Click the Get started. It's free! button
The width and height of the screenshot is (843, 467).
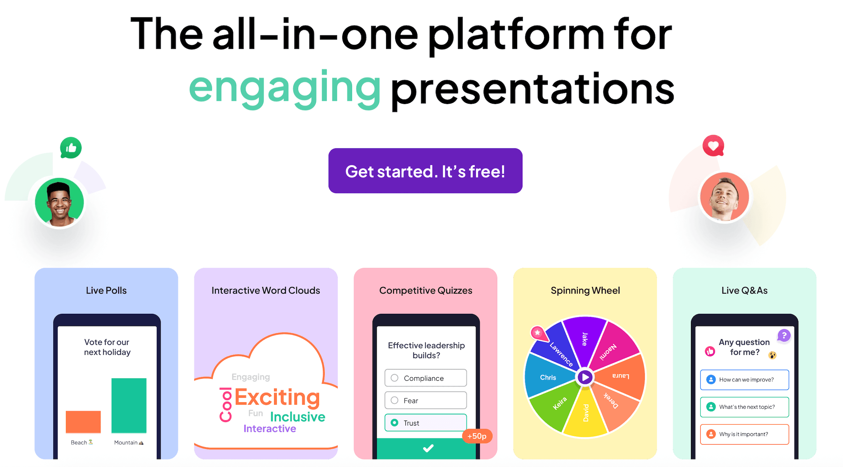coord(425,171)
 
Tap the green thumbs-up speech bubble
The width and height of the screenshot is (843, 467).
coord(71,148)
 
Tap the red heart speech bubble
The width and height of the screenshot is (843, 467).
coord(713,145)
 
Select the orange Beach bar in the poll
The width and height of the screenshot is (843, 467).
coord(83,422)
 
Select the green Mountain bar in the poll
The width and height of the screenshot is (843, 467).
coord(129,406)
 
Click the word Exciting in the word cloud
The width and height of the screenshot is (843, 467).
coord(277,397)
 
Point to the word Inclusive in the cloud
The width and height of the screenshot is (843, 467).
coord(298,417)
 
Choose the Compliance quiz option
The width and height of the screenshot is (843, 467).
coord(425,378)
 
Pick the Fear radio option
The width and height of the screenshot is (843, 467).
coord(425,400)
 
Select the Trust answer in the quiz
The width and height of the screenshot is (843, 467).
coord(425,423)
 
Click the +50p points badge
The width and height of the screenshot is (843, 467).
coord(477,436)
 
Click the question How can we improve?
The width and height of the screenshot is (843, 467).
coord(744,380)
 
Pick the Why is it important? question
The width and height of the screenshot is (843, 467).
coord(744,434)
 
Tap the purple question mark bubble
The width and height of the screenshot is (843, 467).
coord(784,335)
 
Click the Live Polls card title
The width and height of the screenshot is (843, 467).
coord(106,290)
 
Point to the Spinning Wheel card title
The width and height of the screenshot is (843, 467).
coord(585,291)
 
